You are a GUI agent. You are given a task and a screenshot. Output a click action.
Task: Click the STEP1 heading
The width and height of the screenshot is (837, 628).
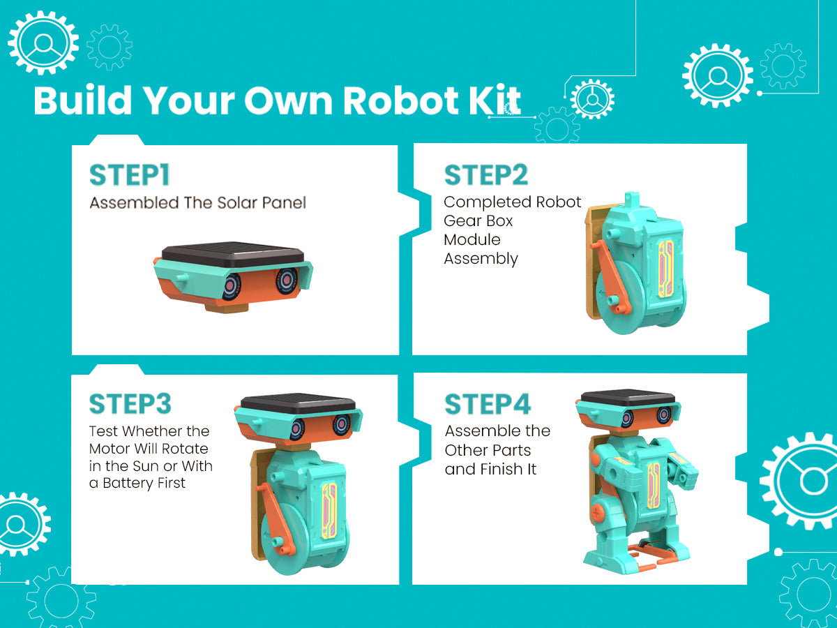pos(130,175)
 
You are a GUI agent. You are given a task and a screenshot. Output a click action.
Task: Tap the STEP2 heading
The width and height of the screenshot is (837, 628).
pos(486,175)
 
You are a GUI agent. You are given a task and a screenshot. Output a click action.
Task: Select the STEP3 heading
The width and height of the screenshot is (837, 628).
pos(130,404)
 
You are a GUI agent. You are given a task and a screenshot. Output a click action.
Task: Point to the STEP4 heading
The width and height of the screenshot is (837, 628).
pos(488,404)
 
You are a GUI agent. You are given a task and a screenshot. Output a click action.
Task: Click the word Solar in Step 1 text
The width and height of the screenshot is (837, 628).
pos(237,203)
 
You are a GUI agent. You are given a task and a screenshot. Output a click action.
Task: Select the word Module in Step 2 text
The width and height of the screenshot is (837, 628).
pos(472,240)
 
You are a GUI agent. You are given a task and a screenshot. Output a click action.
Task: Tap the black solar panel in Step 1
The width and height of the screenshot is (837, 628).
pos(232,253)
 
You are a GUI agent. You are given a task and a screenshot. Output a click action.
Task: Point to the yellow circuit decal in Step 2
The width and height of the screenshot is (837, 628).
pos(666,269)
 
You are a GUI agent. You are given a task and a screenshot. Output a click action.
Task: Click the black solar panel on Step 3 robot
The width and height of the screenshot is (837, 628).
pos(298,403)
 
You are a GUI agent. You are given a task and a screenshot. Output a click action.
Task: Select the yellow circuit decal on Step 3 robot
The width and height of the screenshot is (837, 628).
pos(329,511)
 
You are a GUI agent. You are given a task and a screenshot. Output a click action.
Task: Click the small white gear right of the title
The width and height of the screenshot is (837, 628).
pos(592,99)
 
